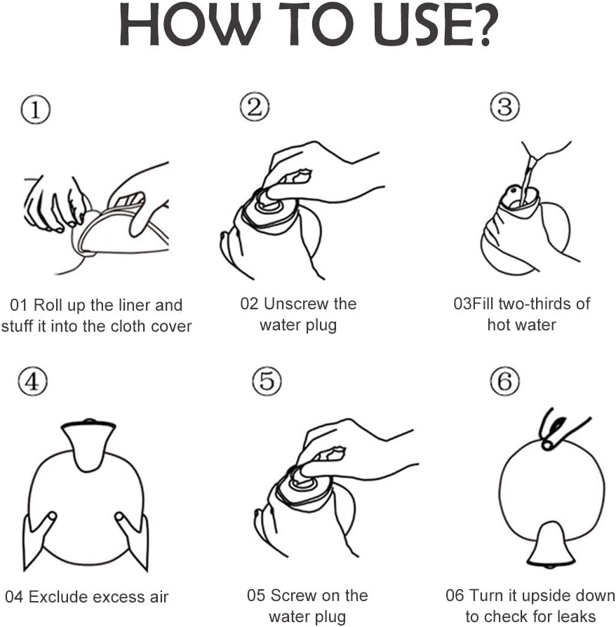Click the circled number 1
click(x=36, y=109)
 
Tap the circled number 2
click(x=255, y=107)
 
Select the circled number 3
click(x=505, y=107)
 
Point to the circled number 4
click(x=33, y=382)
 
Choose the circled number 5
click(x=267, y=381)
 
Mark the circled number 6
click(x=505, y=381)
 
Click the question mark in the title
click(x=486, y=25)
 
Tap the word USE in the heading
click(x=422, y=25)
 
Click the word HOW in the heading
click(x=190, y=25)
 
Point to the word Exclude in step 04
click(x=58, y=597)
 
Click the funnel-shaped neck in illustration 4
click(x=88, y=444)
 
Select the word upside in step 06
click(x=543, y=596)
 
